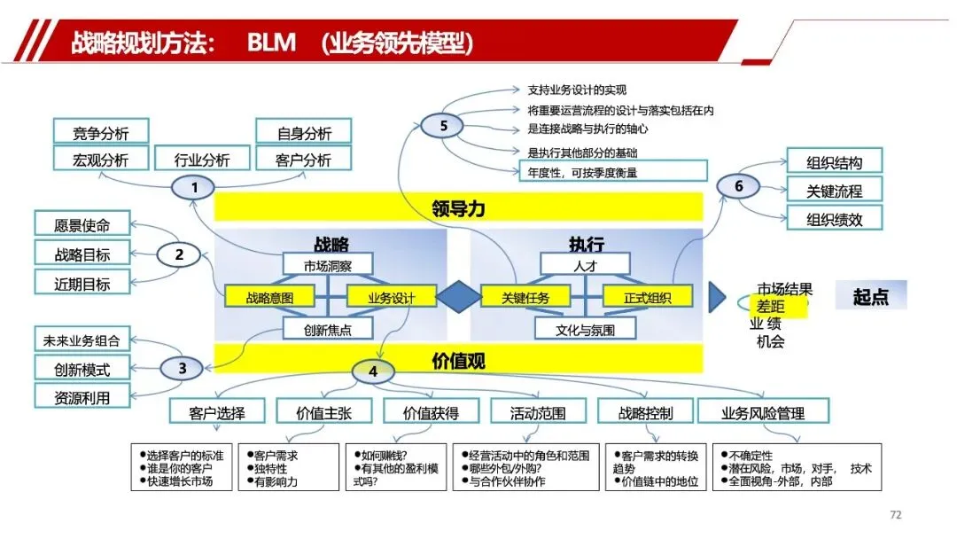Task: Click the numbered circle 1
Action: click(195, 187)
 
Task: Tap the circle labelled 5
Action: click(444, 126)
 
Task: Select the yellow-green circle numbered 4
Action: click(373, 372)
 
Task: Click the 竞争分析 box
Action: click(100, 133)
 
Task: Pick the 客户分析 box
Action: click(304, 160)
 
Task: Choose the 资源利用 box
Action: click(82, 398)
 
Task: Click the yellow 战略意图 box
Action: click(269, 298)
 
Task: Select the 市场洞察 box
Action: click(328, 264)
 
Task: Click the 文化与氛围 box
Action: click(585, 330)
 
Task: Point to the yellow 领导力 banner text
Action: click(458, 209)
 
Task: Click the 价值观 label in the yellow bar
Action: click(458, 361)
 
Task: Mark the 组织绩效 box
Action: click(835, 219)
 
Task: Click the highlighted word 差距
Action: click(770, 306)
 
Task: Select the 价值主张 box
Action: click(324, 412)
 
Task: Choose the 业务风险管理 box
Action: click(763, 412)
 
